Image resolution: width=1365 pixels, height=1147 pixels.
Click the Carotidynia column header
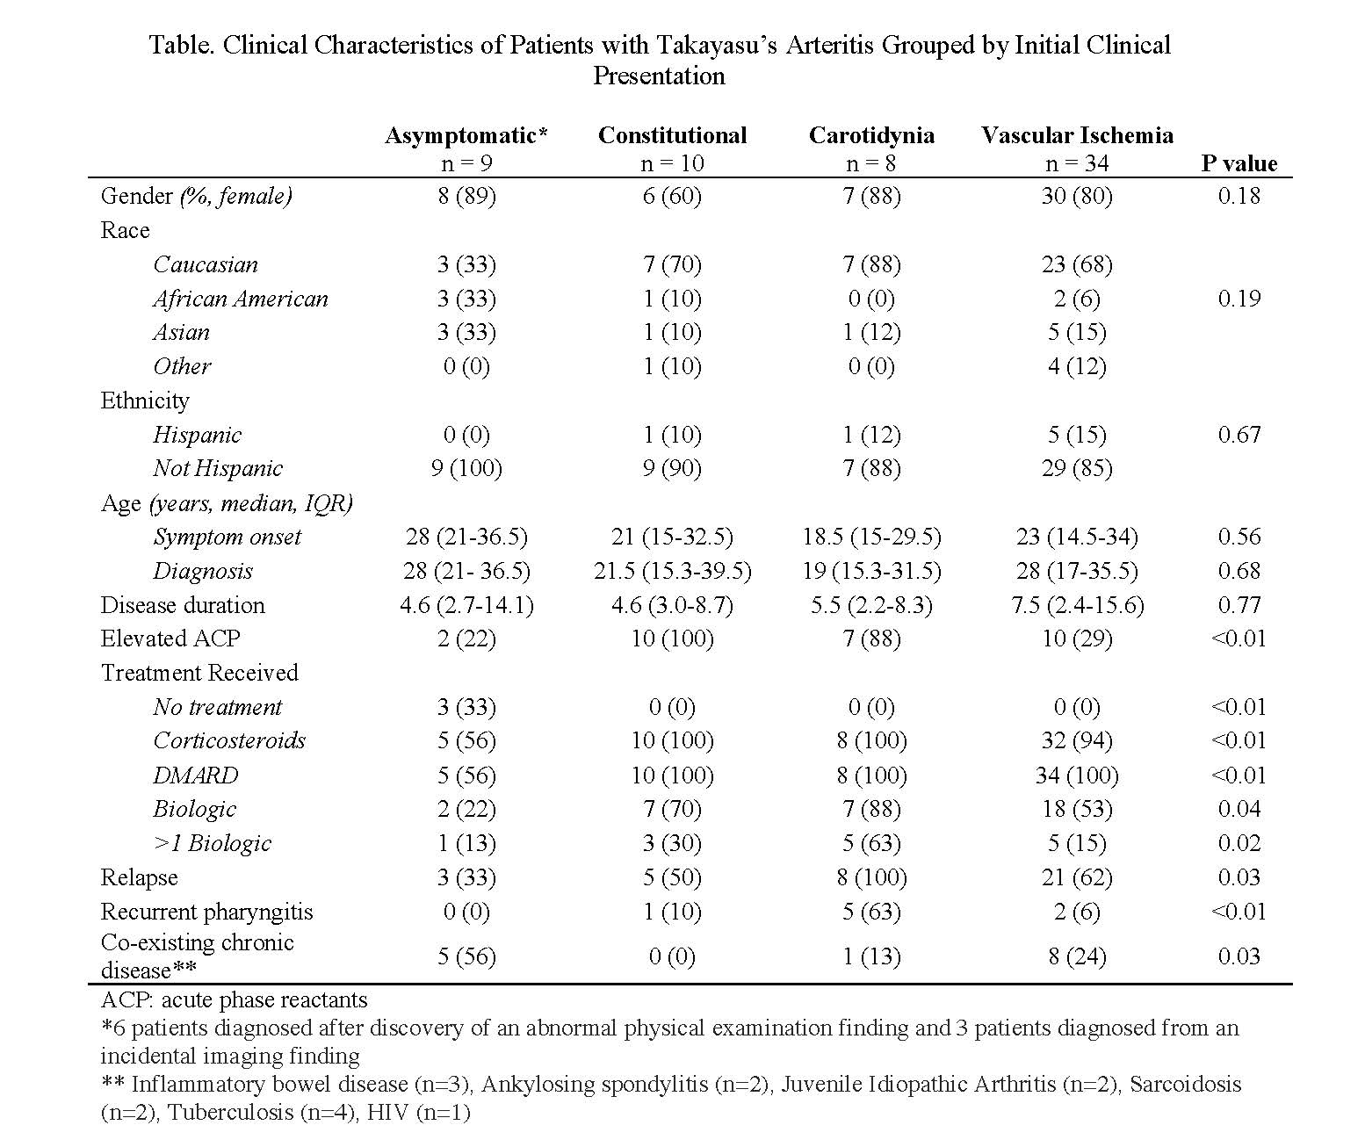871,135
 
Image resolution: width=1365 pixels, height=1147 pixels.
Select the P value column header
1239,163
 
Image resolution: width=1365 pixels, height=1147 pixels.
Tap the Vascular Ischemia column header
1077,135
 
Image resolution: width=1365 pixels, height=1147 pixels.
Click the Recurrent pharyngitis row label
206,912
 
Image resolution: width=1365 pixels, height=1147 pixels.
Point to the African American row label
240,299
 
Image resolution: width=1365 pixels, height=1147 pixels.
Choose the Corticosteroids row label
229,740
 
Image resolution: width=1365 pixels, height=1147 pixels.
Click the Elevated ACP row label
170,638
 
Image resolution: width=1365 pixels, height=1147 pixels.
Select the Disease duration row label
183,605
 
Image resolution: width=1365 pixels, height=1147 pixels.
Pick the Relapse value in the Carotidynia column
871,877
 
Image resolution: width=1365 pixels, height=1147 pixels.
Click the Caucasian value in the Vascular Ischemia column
1077,264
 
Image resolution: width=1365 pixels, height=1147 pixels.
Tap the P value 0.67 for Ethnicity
1239,435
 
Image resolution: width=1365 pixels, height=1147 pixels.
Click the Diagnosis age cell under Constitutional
672,571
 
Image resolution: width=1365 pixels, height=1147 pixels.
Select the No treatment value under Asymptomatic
466,707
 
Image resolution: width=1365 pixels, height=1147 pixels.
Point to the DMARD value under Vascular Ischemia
1077,775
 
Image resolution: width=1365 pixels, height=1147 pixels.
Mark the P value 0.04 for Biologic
1239,809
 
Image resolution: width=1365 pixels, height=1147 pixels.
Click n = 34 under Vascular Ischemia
1077,163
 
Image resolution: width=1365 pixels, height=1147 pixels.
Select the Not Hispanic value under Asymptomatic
466,469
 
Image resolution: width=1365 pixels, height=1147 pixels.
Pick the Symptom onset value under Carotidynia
871,537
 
